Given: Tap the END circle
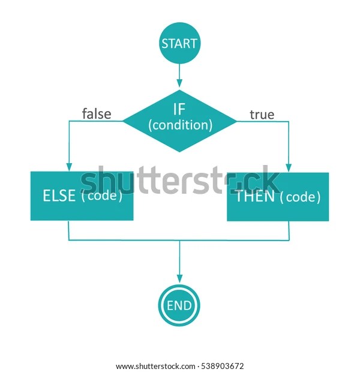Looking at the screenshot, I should click(x=179, y=306).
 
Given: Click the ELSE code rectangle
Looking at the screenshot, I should click(x=82, y=196).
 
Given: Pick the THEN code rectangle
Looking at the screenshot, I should click(x=277, y=196).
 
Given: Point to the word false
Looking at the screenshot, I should click(x=97, y=113).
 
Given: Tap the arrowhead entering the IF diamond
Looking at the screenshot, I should click(x=179, y=85).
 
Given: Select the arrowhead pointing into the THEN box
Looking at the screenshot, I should click(x=289, y=168).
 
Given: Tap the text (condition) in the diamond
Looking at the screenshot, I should click(x=180, y=125).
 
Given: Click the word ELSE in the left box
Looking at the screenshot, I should click(x=59, y=196).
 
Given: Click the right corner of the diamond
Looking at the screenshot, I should click(x=236, y=121).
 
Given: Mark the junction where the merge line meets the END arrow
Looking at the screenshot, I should click(x=179, y=240).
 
